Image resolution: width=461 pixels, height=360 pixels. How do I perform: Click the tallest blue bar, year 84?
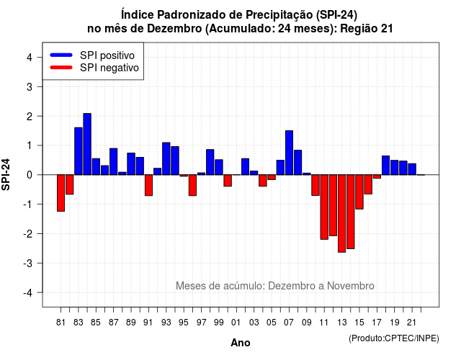click(x=87, y=144)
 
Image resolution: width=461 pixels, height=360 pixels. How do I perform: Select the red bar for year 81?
click(x=61, y=193)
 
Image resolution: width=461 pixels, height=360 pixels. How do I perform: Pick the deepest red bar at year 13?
click(x=341, y=213)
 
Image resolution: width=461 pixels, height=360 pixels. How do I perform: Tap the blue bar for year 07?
click(x=289, y=153)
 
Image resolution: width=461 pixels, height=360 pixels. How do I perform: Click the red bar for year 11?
click(x=324, y=207)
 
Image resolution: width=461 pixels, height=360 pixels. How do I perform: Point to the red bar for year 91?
click(x=148, y=185)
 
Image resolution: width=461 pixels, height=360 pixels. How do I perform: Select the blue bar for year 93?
click(x=166, y=158)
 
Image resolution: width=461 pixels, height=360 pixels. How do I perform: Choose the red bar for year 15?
click(x=359, y=192)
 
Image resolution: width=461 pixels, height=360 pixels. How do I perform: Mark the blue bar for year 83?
click(x=79, y=151)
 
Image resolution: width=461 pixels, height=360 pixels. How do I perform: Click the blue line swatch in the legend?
click(x=61, y=55)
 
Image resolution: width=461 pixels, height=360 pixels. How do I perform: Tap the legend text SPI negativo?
click(x=109, y=68)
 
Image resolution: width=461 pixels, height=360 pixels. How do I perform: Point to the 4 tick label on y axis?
click(x=30, y=58)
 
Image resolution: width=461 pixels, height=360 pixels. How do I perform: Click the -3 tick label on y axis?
click(x=27, y=263)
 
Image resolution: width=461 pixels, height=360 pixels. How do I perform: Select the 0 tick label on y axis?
click(x=30, y=175)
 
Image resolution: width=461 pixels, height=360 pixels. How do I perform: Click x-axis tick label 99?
click(x=219, y=323)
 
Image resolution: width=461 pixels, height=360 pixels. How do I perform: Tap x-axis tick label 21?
click(x=411, y=323)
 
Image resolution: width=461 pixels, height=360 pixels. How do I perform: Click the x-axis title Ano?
click(x=241, y=343)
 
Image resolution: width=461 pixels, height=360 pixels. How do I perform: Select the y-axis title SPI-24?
click(x=6, y=174)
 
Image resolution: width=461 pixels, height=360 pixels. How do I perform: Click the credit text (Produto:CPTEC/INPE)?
click(x=394, y=338)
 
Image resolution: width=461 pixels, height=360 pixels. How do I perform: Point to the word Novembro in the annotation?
click(x=351, y=286)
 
